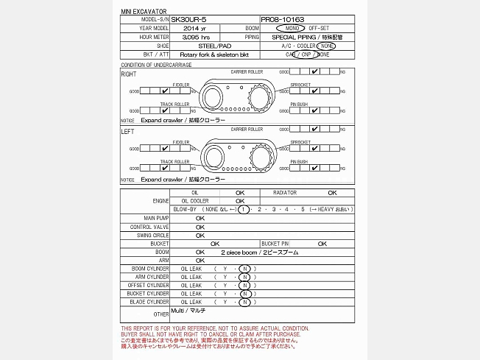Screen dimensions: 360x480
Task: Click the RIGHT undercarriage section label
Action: coord(128,74)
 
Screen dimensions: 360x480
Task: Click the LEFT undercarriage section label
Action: coord(127,131)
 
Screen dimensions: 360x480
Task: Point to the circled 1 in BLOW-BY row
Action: coord(242,209)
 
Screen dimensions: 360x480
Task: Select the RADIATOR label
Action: coord(285,192)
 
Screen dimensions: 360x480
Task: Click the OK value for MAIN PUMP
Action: coord(200,218)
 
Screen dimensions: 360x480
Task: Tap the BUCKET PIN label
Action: coord(275,243)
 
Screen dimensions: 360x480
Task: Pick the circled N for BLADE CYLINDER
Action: coord(244,302)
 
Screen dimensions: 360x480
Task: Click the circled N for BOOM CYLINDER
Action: coord(244,269)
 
